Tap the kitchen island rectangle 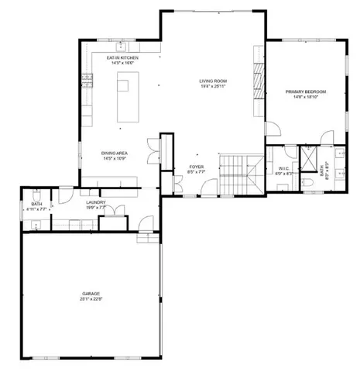coord(130,98)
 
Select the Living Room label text coord(212,81)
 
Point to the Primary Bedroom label coord(305,91)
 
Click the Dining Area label coord(115,153)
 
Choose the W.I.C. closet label coord(283,169)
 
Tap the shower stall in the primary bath coord(308,157)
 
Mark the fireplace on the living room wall coord(259,78)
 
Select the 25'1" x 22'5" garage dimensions coord(91,299)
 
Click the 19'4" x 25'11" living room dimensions coord(212,86)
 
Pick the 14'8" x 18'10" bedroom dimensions coord(305,96)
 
